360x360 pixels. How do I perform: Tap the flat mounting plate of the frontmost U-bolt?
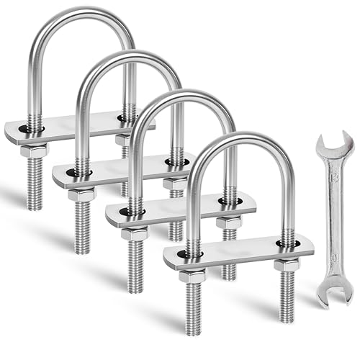(238, 253)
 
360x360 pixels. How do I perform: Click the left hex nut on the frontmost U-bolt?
(192, 275)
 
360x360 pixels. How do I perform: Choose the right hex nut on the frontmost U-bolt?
(286, 265)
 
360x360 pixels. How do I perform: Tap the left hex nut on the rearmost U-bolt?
(34, 151)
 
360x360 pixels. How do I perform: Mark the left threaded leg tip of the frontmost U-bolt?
(193, 328)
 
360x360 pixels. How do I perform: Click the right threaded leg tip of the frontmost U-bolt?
(287, 317)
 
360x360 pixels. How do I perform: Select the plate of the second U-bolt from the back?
(122, 171)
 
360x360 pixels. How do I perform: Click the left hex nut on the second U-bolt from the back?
(83, 194)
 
